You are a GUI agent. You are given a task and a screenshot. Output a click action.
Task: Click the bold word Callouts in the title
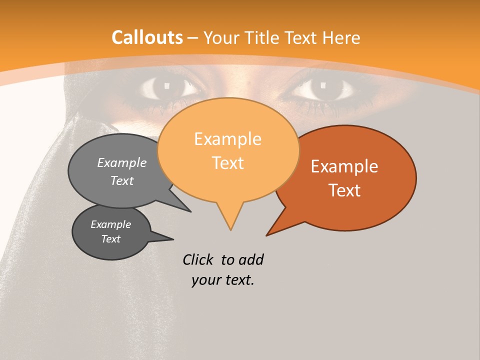click(147, 37)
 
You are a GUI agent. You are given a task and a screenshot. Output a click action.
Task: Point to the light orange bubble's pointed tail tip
click(230, 230)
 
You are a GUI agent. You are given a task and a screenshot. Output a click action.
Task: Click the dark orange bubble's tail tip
click(266, 235)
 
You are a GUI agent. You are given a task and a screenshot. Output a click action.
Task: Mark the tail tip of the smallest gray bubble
click(173, 239)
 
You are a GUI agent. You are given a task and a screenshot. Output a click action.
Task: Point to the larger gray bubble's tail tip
click(190, 211)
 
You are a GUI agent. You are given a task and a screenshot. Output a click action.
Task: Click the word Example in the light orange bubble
click(227, 139)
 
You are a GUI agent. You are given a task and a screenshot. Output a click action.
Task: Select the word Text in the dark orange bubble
click(345, 190)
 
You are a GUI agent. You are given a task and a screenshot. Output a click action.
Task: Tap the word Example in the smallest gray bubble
click(110, 224)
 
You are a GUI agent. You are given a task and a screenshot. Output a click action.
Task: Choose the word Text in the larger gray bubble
click(122, 181)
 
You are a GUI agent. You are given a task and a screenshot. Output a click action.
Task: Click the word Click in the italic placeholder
click(198, 259)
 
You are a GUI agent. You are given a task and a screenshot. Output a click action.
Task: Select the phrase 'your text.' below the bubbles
click(223, 280)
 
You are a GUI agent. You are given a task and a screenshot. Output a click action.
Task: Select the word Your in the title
click(223, 37)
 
